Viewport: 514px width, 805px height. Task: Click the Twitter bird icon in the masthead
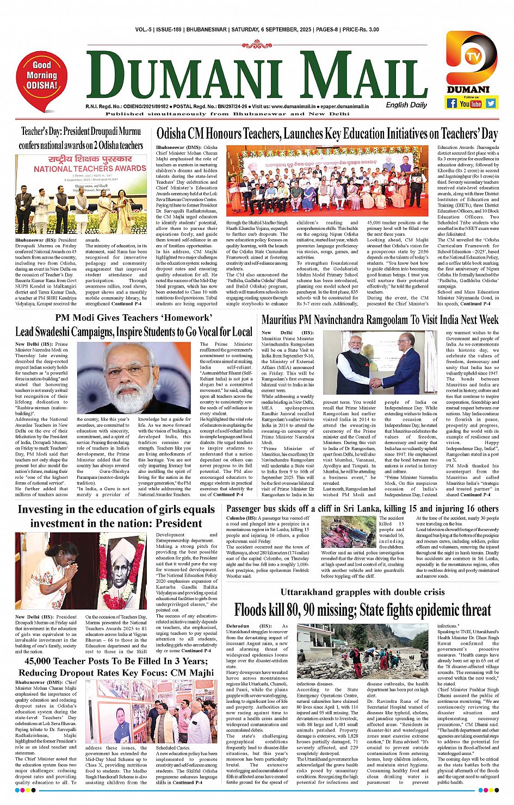tap(491, 103)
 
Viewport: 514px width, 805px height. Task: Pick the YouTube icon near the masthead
tap(471, 103)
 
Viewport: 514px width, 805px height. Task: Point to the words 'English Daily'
tap(406, 105)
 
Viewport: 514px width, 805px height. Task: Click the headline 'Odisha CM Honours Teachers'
tap(327, 134)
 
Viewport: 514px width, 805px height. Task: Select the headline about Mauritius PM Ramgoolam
tap(380, 320)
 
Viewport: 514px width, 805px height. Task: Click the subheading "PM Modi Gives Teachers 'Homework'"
tap(133, 317)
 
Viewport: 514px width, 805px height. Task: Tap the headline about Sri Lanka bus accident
tap(362, 509)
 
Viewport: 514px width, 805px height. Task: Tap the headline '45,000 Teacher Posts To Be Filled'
tap(116, 667)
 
